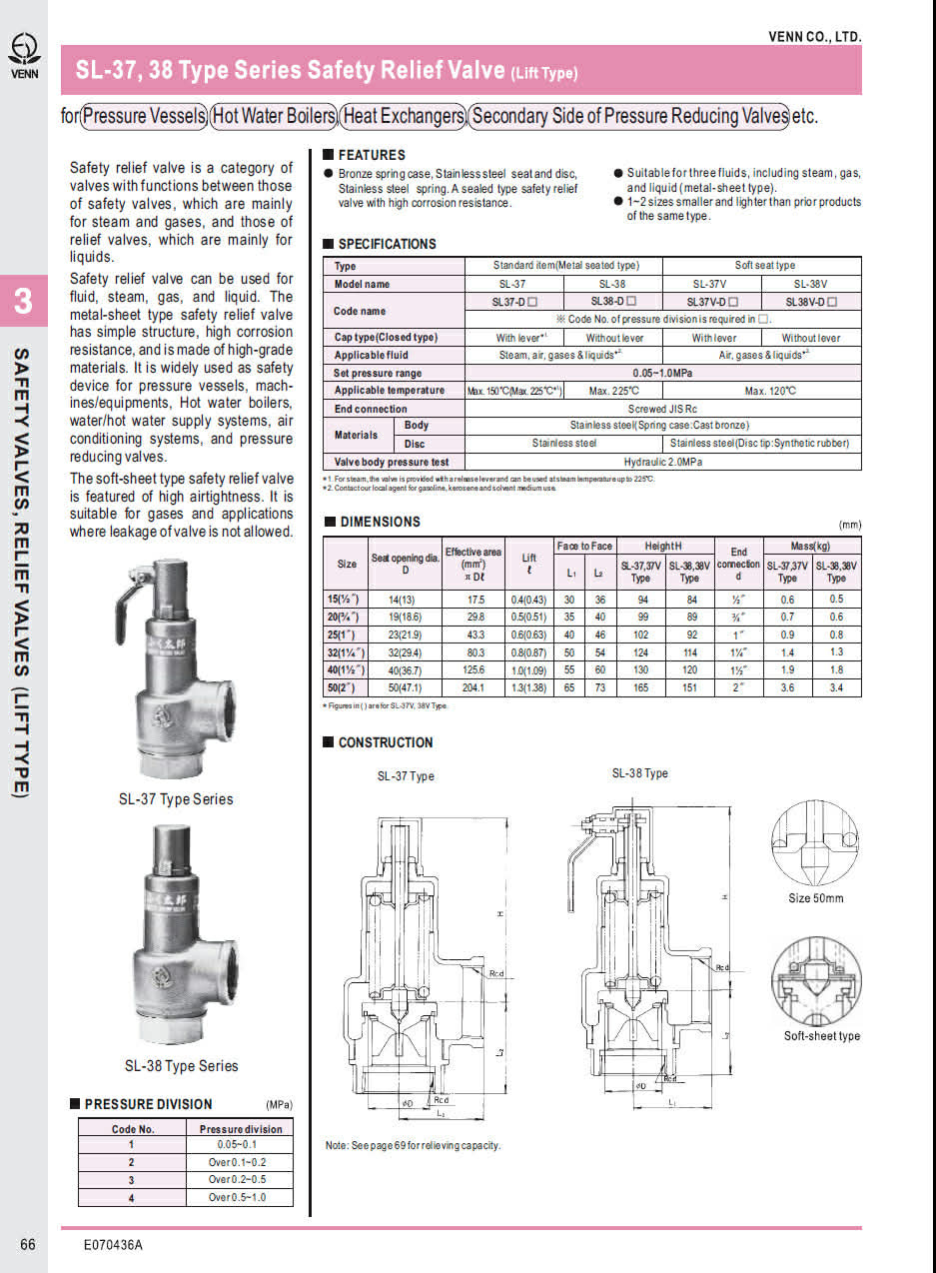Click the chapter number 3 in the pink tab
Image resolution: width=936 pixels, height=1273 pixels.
[23, 303]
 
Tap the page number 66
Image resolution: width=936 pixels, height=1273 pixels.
[27, 1244]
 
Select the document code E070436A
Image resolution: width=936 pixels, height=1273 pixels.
[113, 1245]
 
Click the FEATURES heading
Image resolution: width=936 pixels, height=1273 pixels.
[371, 155]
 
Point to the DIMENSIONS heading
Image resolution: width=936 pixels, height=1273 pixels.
[380, 522]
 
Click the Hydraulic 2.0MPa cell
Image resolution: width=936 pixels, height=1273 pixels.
[662, 463]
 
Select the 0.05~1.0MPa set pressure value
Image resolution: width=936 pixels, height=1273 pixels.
[662, 373]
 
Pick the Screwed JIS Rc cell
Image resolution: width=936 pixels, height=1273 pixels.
[662, 409]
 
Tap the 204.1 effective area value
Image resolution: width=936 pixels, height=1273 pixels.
[473, 688]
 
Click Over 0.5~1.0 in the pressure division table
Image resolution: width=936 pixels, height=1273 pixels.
[240, 1196]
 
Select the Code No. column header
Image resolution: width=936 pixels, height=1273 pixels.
[132, 1129]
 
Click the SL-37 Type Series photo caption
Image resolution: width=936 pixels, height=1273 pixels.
[176, 799]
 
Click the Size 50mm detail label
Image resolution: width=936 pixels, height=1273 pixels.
[815, 898]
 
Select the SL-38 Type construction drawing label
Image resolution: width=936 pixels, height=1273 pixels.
[639, 773]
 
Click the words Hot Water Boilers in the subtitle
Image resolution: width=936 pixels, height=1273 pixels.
[273, 116]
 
